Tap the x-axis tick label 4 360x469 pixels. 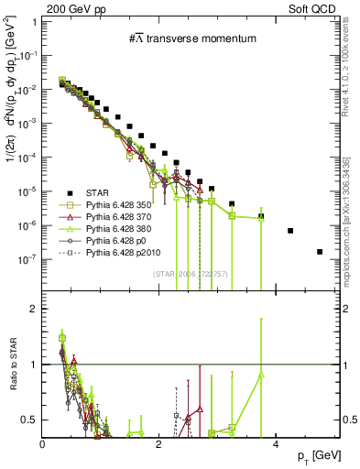point(277,444)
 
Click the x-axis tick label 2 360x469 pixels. point(159,444)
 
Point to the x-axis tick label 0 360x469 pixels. point(43,444)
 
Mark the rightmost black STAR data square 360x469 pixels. point(320,251)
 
